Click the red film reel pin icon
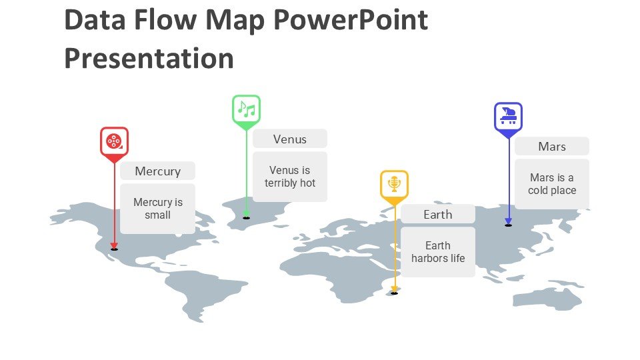click(114, 142)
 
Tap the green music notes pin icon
click(246, 110)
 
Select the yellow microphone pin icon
click(394, 185)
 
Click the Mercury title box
click(157, 171)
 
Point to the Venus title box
click(290, 139)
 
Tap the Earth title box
click(438, 214)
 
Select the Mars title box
click(552, 146)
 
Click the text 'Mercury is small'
click(158, 209)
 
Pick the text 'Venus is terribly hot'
click(290, 176)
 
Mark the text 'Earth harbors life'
click(438, 252)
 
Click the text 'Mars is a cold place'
click(552, 184)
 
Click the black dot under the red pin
click(114, 249)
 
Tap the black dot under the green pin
click(246, 218)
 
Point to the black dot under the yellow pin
click(394, 293)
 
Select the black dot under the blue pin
click(508, 225)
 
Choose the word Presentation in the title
click(149, 59)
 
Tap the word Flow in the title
click(165, 19)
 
